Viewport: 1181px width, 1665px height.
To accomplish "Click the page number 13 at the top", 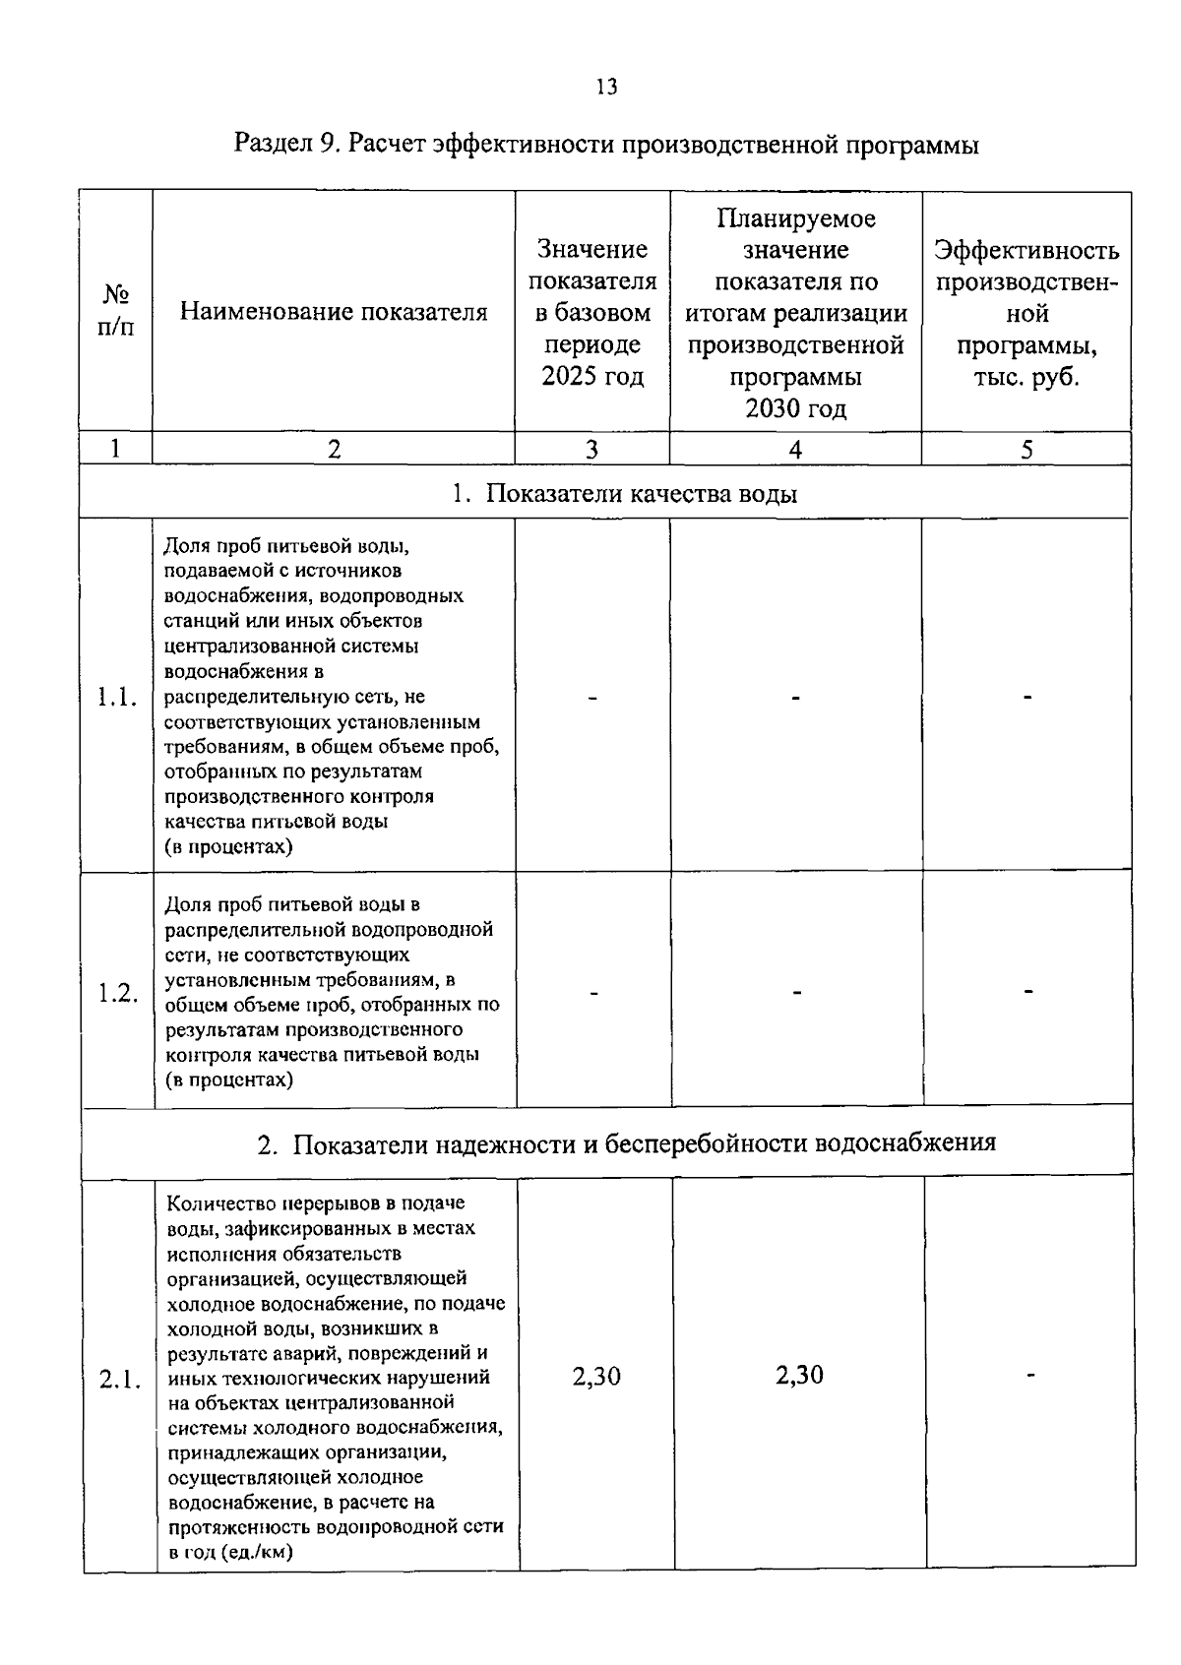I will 606,88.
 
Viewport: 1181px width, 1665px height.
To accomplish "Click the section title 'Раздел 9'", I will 284,146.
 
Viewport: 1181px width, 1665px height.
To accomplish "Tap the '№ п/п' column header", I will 115,311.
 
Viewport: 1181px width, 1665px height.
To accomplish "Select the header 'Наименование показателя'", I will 334,313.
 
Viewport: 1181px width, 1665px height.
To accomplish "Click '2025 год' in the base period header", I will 592,377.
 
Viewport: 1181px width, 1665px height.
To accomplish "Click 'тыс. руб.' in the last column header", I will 1026,378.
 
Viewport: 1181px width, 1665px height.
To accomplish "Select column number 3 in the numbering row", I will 591,450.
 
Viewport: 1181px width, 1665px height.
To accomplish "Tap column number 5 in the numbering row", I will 1026,450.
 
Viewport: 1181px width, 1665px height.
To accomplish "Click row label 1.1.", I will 116,698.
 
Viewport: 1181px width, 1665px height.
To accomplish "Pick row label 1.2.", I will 117,992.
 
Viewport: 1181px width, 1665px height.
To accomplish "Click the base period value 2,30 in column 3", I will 596,1376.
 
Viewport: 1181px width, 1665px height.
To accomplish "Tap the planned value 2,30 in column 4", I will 799,1375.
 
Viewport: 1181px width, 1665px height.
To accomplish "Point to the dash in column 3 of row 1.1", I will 592,698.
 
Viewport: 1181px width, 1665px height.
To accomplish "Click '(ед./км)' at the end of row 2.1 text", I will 259,1553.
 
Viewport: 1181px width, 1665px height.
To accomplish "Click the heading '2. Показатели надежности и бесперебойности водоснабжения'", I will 626,1143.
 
